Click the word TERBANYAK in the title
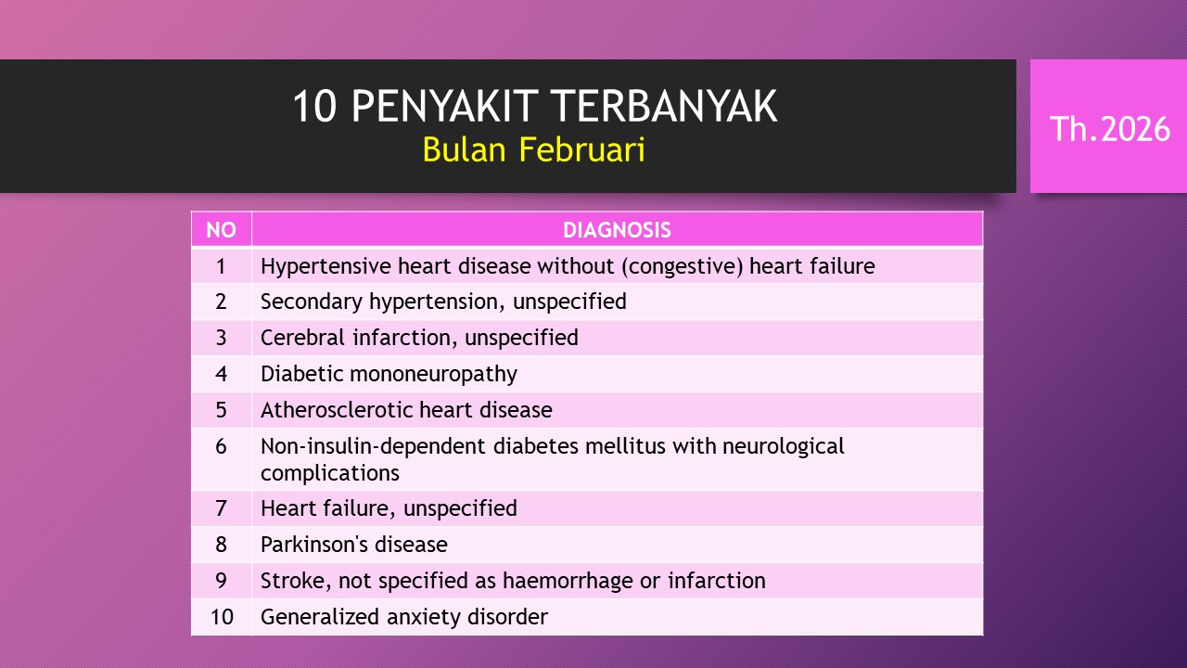click(x=663, y=107)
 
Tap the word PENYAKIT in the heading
click(x=445, y=107)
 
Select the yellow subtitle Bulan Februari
click(x=533, y=149)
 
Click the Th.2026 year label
click(x=1110, y=129)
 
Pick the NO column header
click(x=221, y=230)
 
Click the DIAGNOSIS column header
click(x=617, y=230)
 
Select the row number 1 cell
click(x=221, y=266)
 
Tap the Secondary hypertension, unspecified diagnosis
click(x=443, y=302)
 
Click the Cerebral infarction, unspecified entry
click(x=419, y=338)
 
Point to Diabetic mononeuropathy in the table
click(x=389, y=374)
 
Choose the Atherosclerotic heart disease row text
click(x=406, y=410)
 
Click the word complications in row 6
click(x=330, y=473)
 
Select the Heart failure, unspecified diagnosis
click(x=389, y=508)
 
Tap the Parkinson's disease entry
click(x=354, y=545)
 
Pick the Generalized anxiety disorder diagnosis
click(x=404, y=617)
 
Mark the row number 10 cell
click(x=221, y=617)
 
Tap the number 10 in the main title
click(x=314, y=107)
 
